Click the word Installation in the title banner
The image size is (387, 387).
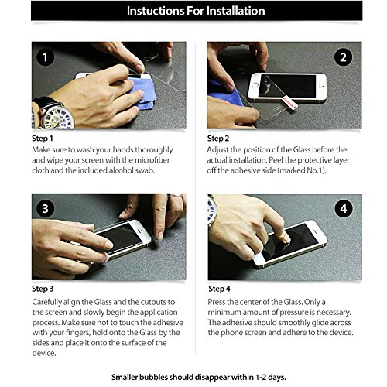click(x=235, y=11)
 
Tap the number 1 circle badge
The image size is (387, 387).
click(x=46, y=57)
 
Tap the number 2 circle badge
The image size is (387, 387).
click(x=343, y=57)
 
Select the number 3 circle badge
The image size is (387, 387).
click(x=46, y=208)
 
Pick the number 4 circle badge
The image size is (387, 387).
click(x=344, y=208)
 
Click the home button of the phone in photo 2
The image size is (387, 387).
click(x=255, y=85)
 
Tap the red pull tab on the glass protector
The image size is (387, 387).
click(x=290, y=102)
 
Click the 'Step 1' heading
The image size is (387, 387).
click(x=43, y=139)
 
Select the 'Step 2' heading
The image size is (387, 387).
click(x=218, y=139)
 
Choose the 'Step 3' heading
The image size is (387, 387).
click(x=43, y=289)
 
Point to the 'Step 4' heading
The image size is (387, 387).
click(x=219, y=289)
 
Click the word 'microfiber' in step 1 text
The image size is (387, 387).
click(x=152, y=160)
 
